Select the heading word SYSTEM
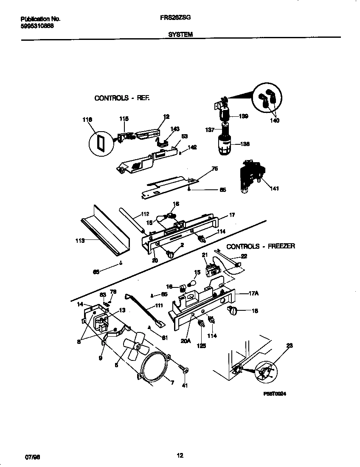pyautogui.click(x=181, y=35)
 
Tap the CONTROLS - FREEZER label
pyautogui.click(x=260, y=246)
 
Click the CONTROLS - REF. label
pyautogui.click(x=122, y=98)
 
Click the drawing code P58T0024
pyautogui.click(x=275, y=394)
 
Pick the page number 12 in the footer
pyautogui.click(x=180, y=456)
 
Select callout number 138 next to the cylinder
pyautogui.click(x=245, y=144)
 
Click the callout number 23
pyautogui.click(x=290, y=346)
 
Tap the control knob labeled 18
pyautogui.click(x=233, y=311)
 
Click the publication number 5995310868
pyautogui.click(x=37, y=25)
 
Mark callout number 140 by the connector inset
pyautogui.click(x=275, y=121)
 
